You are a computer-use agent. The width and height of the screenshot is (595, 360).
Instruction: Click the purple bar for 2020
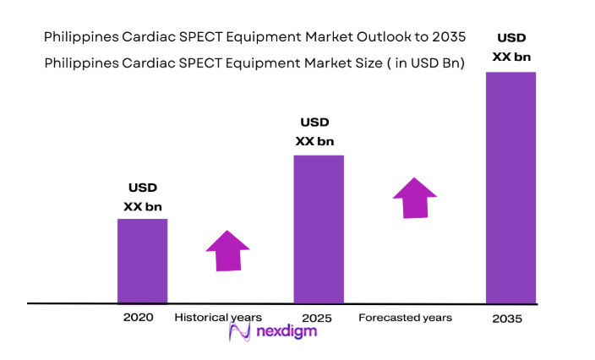click(142, 260)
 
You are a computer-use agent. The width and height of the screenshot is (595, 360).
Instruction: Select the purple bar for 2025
click(319, 228)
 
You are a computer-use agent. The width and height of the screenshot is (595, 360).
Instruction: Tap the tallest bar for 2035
click(510, 187)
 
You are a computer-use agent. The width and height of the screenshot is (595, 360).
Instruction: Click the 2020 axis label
click(138, 318)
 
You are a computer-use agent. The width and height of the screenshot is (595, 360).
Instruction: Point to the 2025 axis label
click(316, 319)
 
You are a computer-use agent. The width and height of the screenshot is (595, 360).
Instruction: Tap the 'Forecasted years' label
click(405, 318)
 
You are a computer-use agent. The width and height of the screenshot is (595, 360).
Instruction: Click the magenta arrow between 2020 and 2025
click(227, 250)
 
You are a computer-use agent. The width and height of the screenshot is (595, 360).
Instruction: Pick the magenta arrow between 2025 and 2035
click(415, 198)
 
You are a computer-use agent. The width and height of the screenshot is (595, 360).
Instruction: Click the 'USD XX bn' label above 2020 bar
click(142, 196)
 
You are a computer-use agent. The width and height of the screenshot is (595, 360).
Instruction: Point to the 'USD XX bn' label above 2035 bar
click(510, 47)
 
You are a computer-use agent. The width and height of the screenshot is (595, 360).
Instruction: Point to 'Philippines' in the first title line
click(78, 37)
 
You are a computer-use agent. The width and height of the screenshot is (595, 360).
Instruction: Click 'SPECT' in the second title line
click(192, 63)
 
